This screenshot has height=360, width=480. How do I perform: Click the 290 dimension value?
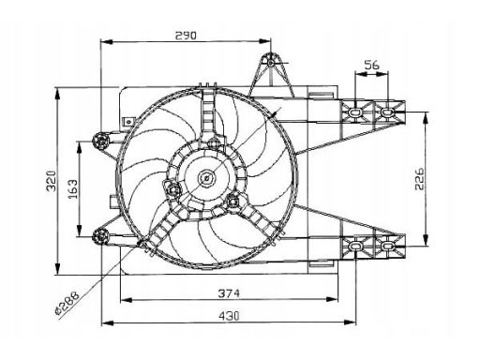(186, 36)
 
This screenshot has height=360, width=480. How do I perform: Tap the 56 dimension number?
(371, 65)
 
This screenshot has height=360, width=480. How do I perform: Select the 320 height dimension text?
(52, 181)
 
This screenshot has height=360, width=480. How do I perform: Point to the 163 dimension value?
(73, 189)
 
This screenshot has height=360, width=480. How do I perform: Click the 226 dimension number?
(419, 178)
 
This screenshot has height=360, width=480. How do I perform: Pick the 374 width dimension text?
(229, 293)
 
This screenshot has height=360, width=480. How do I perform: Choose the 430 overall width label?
(229, 316)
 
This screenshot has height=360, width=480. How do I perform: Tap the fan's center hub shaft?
(206, 178)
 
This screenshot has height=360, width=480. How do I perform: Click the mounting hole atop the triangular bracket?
(271, 63)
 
